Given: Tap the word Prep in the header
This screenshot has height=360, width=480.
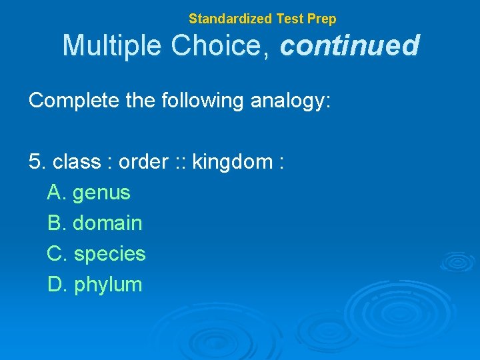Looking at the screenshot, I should pos(321,19).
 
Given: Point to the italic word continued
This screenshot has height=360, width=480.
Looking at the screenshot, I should pos(350,46).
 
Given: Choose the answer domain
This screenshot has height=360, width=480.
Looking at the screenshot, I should pos(107,223).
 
